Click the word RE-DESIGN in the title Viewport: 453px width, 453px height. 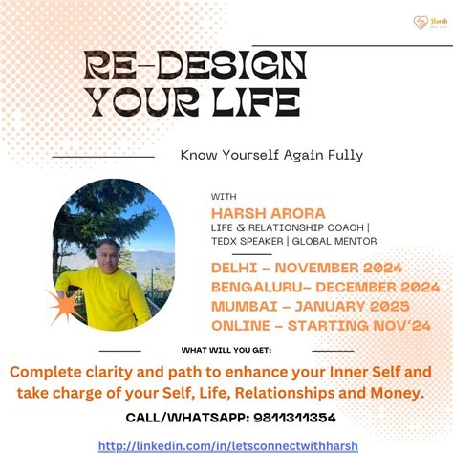(x=195, y=67)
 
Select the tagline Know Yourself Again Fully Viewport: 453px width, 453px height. (x=271, y=154)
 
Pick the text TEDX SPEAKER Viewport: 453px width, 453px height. (x=246, y=241)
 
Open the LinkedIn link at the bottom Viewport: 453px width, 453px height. (x=226, y=444)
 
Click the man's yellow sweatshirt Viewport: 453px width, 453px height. (x=105, y=296)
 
